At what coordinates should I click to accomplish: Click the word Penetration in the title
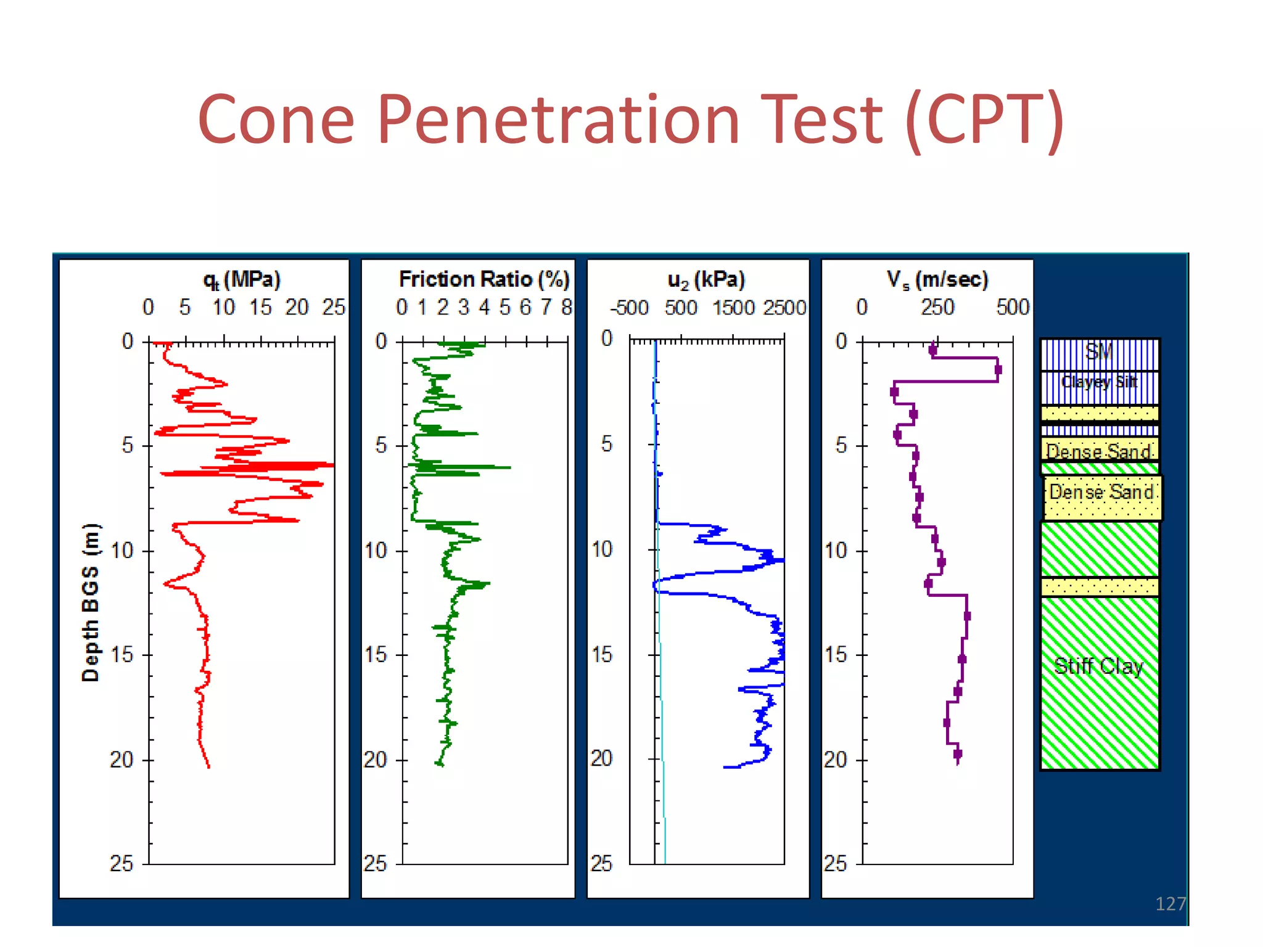pos(557,120)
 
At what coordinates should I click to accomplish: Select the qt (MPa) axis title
pos(242,280)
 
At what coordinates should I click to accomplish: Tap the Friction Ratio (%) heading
pos(484,279)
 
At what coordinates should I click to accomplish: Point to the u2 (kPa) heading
pos(706,280)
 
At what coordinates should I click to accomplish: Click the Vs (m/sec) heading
pos(937,280)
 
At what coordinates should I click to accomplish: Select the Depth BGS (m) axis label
pos(91,602)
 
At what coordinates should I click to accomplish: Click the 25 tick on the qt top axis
pos(334,307)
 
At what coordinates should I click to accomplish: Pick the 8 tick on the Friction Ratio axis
pos(566,307)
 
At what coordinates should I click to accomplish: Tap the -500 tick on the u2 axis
pos(629,308)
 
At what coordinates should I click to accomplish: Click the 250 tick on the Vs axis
pos(937,307)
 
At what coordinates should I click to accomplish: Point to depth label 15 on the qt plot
pos(121,655)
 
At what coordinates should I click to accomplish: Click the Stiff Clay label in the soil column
pos(1098,666)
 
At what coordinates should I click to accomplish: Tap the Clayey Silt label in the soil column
pos(1099,382)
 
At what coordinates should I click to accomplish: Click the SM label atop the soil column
pos(1099,352)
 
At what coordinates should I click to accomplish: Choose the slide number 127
pos(1170,904)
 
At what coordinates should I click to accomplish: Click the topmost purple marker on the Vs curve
pos(932,350)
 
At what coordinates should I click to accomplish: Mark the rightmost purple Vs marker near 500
pos(998,370)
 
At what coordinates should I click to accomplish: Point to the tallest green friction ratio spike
pos(509,467)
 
